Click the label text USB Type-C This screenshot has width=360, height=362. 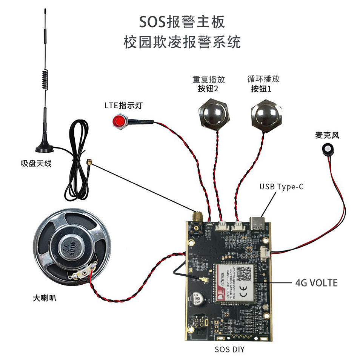[281, 187]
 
